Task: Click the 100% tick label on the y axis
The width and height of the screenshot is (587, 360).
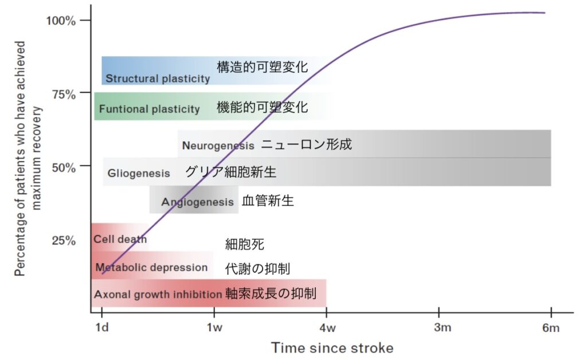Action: (x=61, y=20)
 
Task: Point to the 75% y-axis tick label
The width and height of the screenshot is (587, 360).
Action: (x=64, y=95)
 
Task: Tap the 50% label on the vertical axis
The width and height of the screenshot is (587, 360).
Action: (x=64, y=167)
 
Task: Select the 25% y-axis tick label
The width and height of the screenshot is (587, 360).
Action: (x=64, y=240)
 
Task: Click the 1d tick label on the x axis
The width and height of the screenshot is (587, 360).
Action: (x=102, y=327)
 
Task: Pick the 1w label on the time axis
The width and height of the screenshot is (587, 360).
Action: (x=214, y=327)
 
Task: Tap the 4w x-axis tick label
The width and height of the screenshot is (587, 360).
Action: (x=327, y=328)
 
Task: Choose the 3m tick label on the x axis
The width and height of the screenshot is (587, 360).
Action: (x=443, y=327)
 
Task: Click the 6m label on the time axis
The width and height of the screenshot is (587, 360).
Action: (x=551, y=328)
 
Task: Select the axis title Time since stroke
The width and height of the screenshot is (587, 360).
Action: (x=332, y=347)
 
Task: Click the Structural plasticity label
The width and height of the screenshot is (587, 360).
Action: (x=158, y=79)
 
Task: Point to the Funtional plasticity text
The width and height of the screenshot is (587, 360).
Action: (x=150, y=109)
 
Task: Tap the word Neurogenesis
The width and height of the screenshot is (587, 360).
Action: (x=218, y=146)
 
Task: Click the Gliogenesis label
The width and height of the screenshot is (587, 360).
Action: (x=139, y=173)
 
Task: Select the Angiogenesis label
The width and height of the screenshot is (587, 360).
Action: (x=197, y=202)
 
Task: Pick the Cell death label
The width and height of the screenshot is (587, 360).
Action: (x=120, y=239)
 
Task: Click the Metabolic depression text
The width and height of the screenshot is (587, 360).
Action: (x=151, y=268)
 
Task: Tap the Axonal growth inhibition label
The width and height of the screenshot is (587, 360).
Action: (x=158, y=295)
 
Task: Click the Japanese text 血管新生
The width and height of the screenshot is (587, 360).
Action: (x=268, y=201)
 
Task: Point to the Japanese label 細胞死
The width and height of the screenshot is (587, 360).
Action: (x=244, y=244)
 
